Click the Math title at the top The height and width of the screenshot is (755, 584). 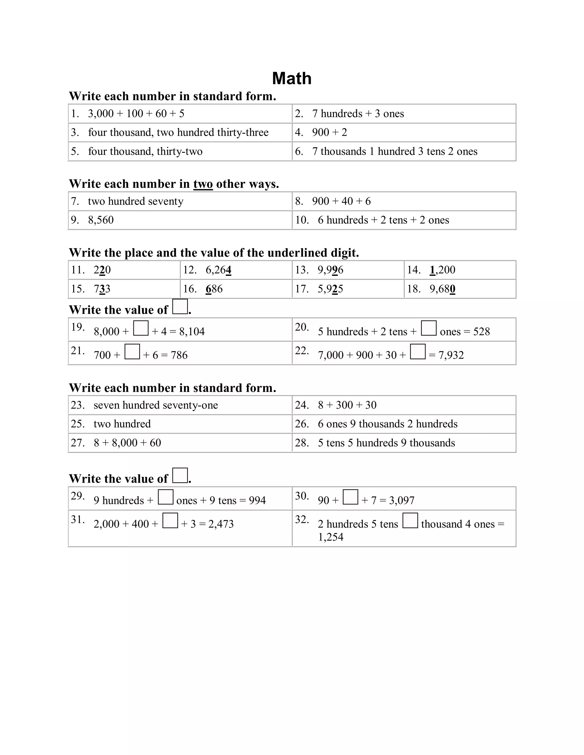pos(292,78)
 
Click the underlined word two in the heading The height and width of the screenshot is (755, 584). pos(203,184)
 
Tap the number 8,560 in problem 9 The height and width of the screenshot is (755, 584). pos(101,220)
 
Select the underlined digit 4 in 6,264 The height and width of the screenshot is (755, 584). pos(228,270)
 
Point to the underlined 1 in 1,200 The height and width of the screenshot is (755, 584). pos(432,270)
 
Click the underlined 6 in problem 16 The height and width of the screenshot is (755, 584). pos(208,289)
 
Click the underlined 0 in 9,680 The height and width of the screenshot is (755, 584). pos(453,289)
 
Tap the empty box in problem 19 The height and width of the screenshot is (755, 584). pos(141,328)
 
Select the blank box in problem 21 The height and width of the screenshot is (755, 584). pos(132,352)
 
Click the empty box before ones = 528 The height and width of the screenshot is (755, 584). pos(428,328)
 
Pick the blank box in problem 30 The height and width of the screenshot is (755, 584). pos(350,497)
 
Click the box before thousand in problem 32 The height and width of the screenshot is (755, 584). pos(410,521)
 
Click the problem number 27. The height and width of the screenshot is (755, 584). pos(77,443)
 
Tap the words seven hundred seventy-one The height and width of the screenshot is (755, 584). pos(156,405)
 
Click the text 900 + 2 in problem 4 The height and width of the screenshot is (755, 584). pos(329,132)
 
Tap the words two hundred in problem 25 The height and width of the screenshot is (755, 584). pos(122,424)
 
